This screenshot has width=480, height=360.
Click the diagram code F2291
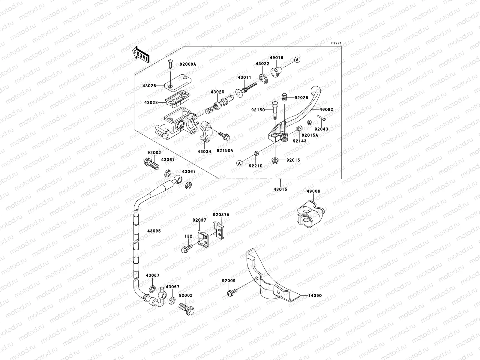click(x=336, y=43)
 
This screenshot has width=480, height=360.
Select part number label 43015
click(x=280, y=190)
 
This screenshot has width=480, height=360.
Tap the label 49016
click(x=276, y=58)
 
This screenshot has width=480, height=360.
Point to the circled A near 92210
click(x=239, y=163)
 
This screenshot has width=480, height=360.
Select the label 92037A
click(x=221, y=214)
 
